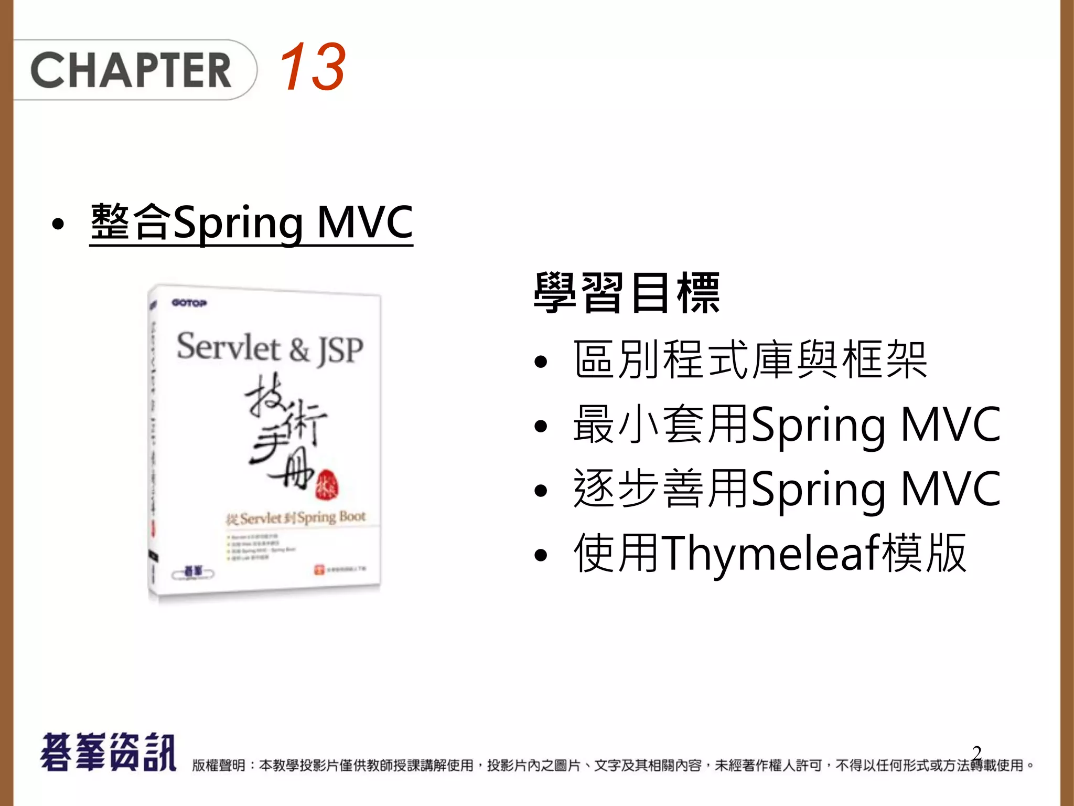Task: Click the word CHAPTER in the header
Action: pos(131,70)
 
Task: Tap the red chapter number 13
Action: pos(312,67)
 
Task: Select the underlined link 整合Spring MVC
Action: pos(251,222)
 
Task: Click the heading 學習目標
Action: pos(627,293)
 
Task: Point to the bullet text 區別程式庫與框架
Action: pos(750,360)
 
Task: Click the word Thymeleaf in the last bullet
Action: pos(770,553)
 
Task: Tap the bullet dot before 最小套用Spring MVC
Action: pos(540,426)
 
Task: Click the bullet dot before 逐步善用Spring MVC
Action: pos(540,491)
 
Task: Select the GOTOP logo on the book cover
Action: pos(189,303)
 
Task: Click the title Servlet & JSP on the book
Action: pos(270,348)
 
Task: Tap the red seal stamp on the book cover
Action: pos(326,484)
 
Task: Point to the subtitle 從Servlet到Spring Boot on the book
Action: pos(295,518)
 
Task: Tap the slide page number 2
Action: pos(976,754)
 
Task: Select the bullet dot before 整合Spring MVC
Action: pos(58,225)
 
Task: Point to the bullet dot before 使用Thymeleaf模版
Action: pos(540,555)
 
